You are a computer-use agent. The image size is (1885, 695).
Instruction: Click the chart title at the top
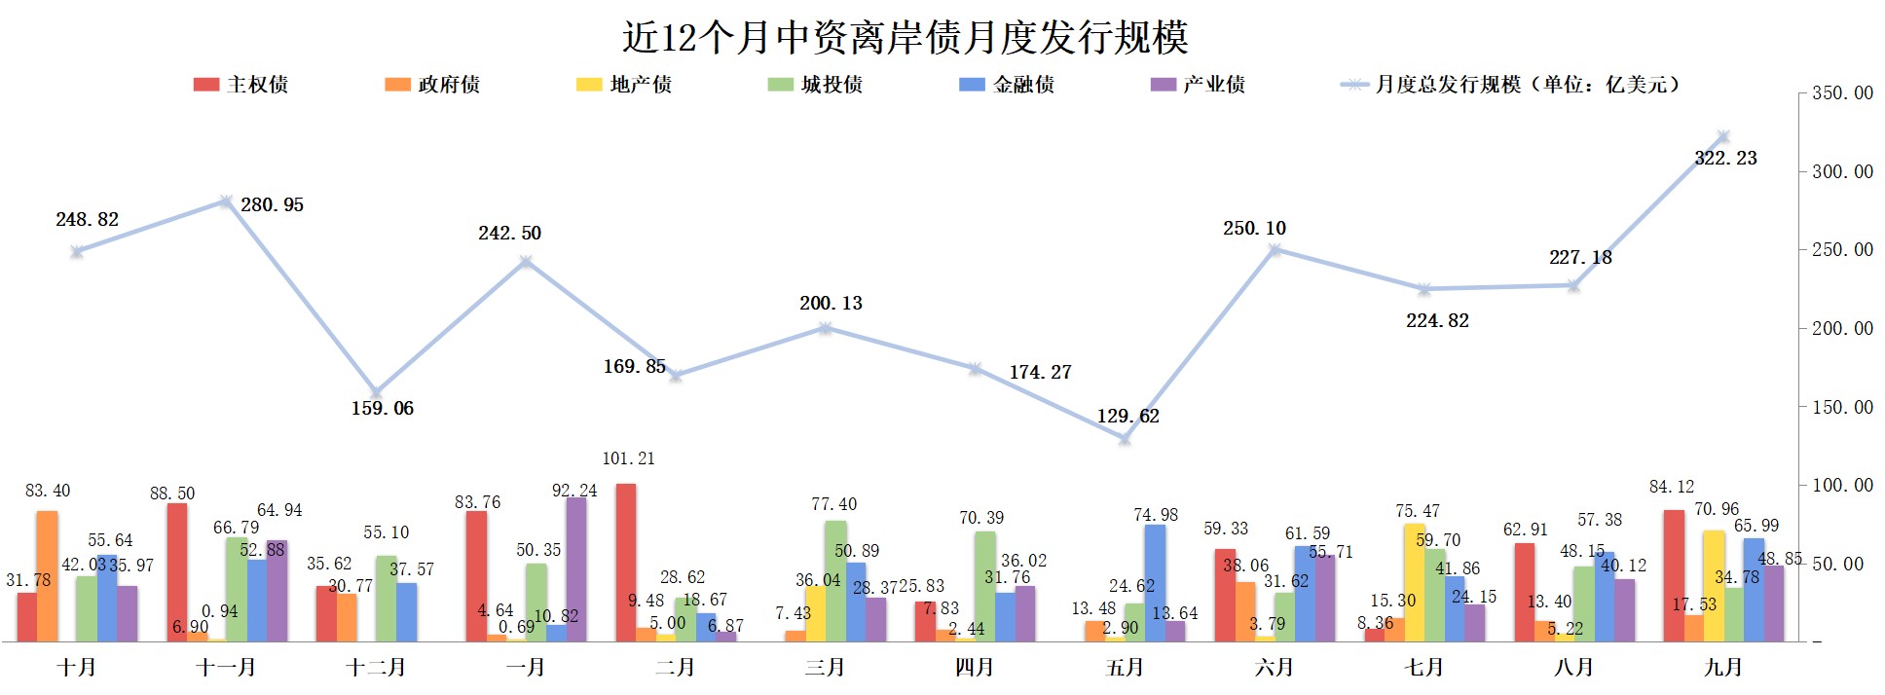(905, 37)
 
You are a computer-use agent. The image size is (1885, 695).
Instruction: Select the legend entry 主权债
(240, 85)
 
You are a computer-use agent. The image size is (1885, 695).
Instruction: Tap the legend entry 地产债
(624, 85)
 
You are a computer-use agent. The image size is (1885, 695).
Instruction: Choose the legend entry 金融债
(1007, 85)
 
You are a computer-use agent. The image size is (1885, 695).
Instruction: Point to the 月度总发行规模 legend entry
(1510, 85)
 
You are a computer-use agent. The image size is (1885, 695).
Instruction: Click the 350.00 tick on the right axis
(1841, 93)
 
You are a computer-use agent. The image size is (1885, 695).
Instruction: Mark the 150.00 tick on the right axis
(1841, 407)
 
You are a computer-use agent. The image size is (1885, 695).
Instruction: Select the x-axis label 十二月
(376, 668)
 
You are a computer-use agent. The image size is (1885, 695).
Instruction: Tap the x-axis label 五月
(1125, 668)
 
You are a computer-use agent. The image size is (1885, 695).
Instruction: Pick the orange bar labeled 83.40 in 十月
(47, 576)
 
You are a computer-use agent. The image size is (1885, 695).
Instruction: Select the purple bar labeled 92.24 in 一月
(575, 569)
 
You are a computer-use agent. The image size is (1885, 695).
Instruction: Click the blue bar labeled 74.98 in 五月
(1155, 583)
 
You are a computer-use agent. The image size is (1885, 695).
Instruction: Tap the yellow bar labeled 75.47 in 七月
(1415, 582)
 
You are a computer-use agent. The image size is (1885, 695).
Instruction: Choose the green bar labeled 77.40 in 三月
(835, 581)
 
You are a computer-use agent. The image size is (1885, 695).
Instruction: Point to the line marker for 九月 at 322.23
(1722, 137)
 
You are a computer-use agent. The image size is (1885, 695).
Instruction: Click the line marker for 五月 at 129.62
(1125, 439)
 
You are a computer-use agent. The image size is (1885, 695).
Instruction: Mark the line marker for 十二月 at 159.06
(376, 392)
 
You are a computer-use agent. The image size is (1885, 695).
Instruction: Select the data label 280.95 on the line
(272, 204)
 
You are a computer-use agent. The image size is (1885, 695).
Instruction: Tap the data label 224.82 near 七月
(1437, 320)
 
